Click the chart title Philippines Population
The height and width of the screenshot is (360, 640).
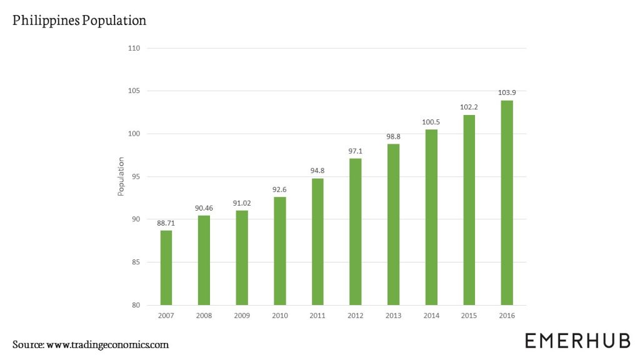point(79,21)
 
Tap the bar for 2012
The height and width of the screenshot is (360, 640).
point(355,232)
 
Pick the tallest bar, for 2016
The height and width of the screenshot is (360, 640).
point(507,202)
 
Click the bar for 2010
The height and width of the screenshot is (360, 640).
point(279,251)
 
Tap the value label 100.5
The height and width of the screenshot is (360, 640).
point(431,121)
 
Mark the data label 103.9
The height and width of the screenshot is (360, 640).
point(507,92)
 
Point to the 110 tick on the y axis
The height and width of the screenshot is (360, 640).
point(134,48)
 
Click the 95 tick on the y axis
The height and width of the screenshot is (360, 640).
point(136,177)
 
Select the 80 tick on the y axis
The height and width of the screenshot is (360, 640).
point(136,305)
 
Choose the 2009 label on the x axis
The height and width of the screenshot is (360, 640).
point(241,316)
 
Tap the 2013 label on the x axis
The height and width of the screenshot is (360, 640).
point(393,316)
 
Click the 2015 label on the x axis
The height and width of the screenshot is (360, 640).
point(469,316)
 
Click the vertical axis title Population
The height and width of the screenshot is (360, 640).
point(121,176)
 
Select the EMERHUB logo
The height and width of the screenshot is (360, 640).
point(577,341)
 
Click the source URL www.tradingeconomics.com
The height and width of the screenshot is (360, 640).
point(107,344)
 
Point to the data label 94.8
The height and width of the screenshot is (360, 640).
point(317,170)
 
